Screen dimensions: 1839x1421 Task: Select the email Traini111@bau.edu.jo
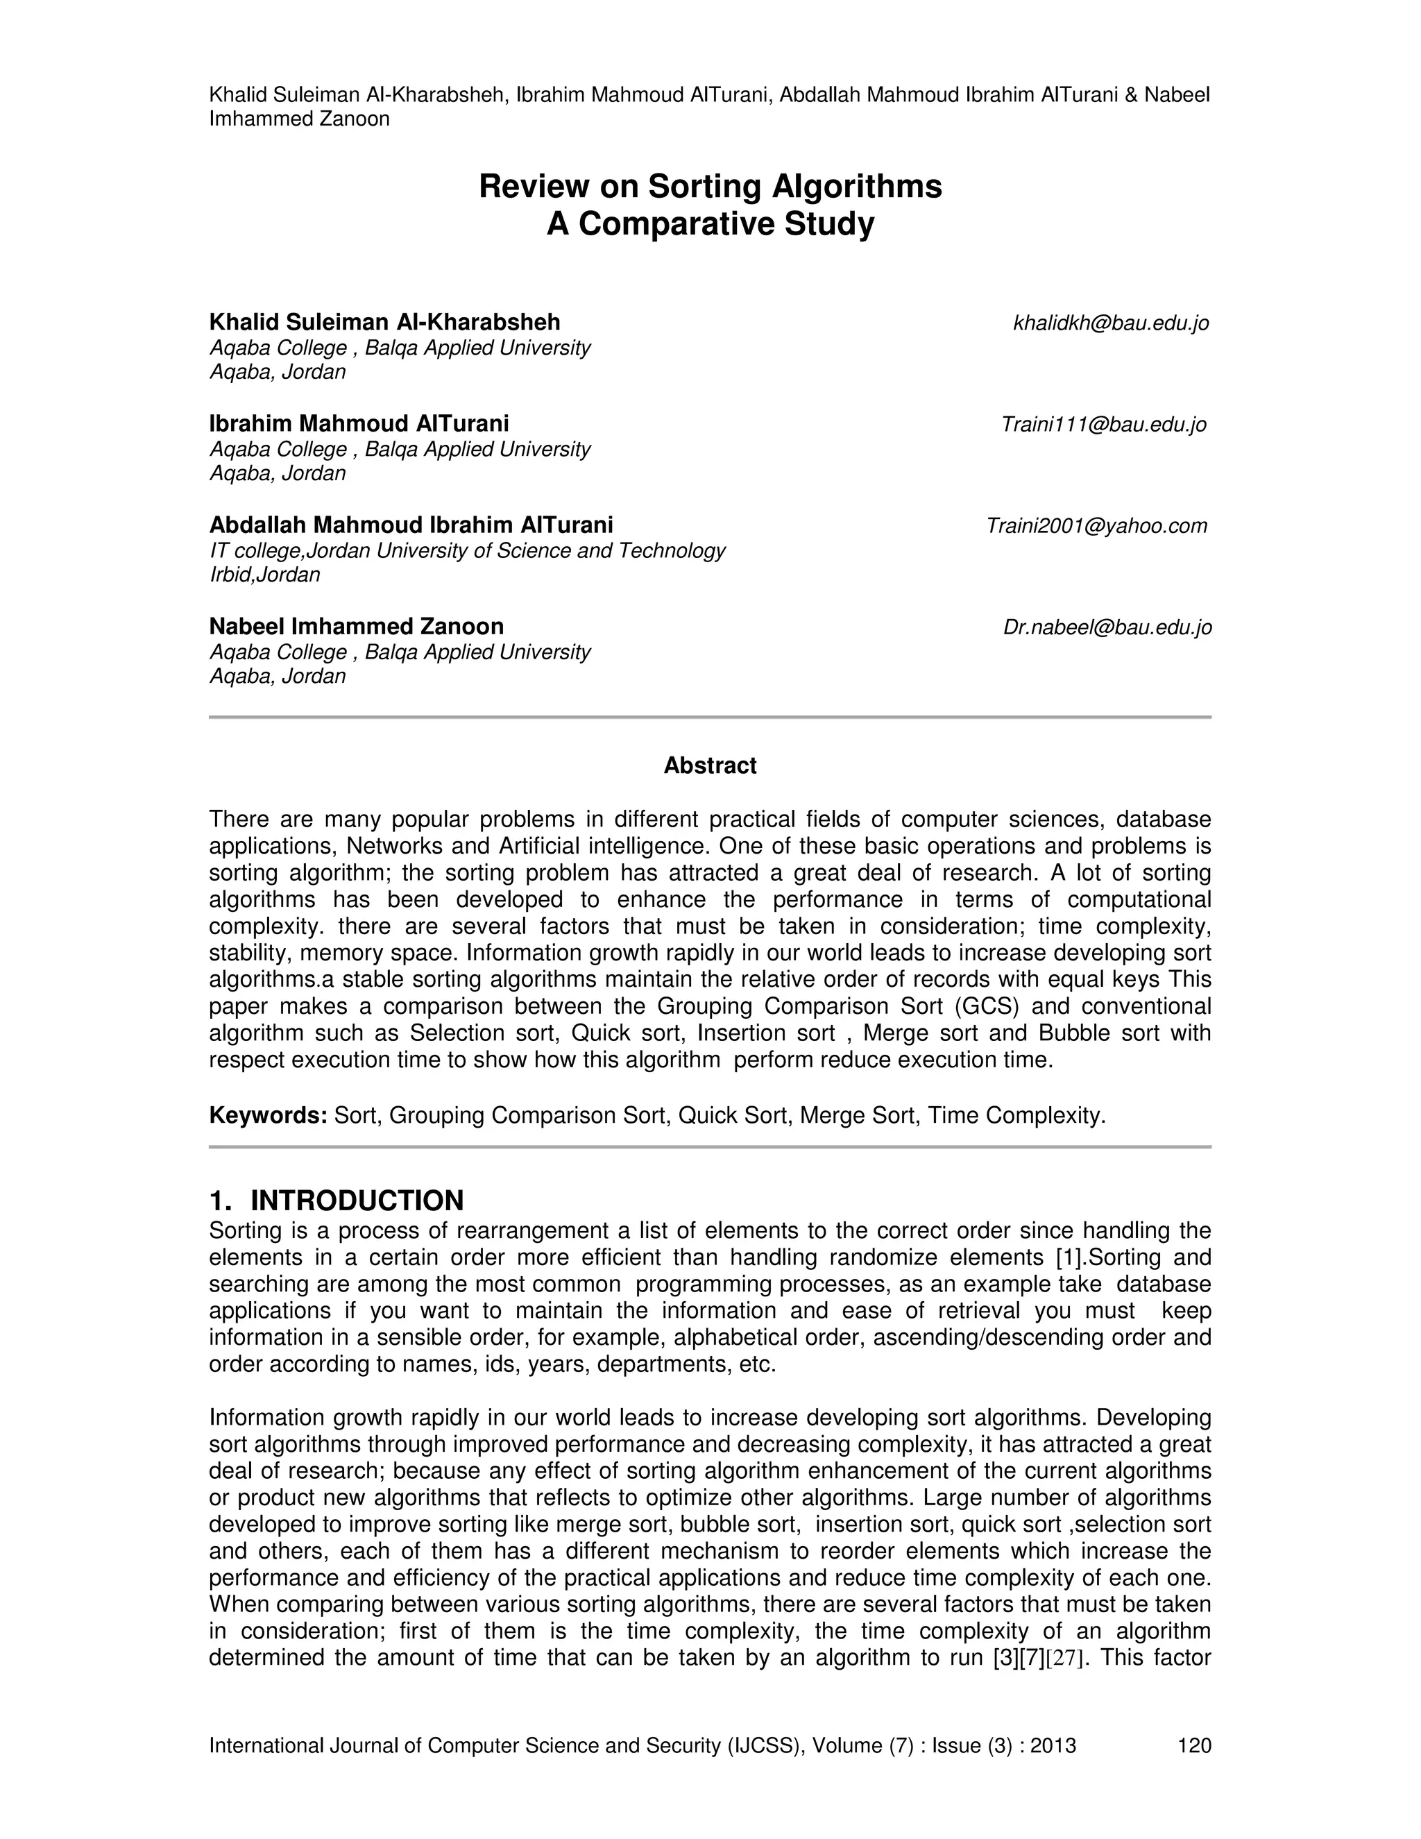pyautogui.click(x=1104, y=425)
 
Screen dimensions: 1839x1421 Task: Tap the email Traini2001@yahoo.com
pyautogui.click(x=1096, y=526)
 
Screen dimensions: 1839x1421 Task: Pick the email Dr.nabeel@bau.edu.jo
pyautogui.click(x=1107, y=627)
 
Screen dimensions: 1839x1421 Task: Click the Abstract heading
pyautogui.click(x=710, y=765)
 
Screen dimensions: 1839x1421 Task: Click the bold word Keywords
pyautogui.click(x=268, y=1116)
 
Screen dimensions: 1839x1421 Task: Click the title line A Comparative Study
pyautogui.click(x=710, y=225)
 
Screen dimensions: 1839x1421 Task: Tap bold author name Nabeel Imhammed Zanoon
pyautogui.click(x=356, y=627)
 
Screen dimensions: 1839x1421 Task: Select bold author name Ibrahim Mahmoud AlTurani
pyautogui.click(x=359, y=423)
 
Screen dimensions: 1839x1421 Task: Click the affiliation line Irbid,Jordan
pyautogui.click(x=264, y=575)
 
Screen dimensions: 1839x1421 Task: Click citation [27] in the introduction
pyautogui.click(x=1063, y=1658)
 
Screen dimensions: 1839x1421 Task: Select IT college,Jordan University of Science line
pyautogui.click(x=467, y=551)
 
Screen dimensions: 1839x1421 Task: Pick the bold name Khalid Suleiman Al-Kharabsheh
pyautogui.click(x=384, y=323)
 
